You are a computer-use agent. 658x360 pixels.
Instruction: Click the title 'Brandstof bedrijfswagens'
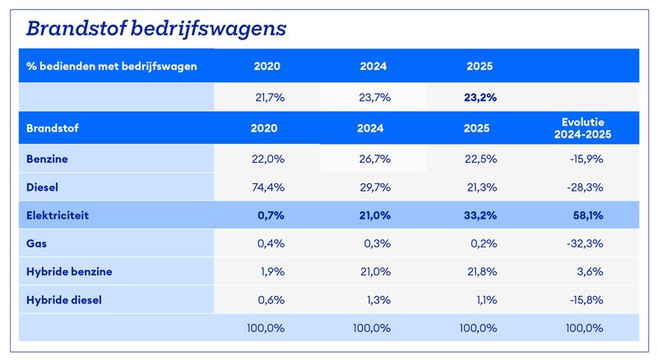(156, 29)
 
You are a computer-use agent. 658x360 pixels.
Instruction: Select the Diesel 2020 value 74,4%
(268, 187)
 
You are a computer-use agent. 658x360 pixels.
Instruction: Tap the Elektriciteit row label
(58, 215)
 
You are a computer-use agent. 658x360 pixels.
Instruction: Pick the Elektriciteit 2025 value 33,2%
(480, 215)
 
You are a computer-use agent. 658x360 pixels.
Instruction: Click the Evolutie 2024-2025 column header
(582, 128)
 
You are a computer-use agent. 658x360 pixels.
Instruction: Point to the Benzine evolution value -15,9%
(586, 159)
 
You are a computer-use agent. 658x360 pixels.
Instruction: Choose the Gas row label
(36, 243)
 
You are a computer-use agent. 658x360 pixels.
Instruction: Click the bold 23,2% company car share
(480, 97)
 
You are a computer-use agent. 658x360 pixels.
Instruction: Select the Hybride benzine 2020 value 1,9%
(273, 271)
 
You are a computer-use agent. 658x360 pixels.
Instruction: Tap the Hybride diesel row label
(64, 300)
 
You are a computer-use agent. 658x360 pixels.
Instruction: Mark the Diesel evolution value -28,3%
(585, 187)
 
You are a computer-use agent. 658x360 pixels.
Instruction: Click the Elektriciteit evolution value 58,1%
(588, 215)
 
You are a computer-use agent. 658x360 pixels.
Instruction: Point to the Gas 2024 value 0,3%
(378, 243)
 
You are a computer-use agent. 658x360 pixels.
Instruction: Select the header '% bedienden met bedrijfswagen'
(112, 67)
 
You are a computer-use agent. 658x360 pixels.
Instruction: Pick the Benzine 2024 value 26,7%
(375, 159)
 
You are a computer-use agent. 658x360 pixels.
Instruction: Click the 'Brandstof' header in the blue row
(53, 128)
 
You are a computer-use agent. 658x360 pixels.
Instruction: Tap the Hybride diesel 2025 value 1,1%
(487, 300)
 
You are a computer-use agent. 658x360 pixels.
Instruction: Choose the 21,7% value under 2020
(270, 97)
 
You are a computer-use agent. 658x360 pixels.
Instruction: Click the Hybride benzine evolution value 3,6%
(590, 271)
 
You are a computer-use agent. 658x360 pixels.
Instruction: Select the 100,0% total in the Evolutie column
(585, 328)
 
